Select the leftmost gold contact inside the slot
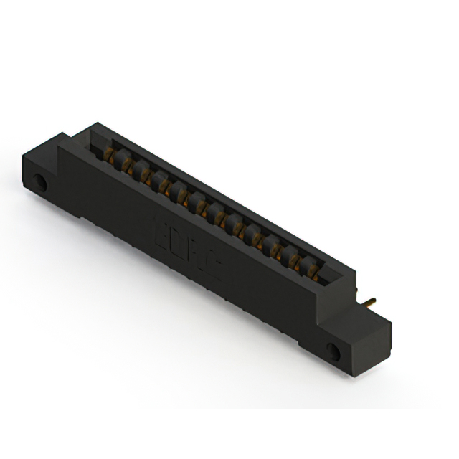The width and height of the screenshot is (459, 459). [109, 153]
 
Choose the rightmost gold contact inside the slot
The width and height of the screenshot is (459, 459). [313, 271]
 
